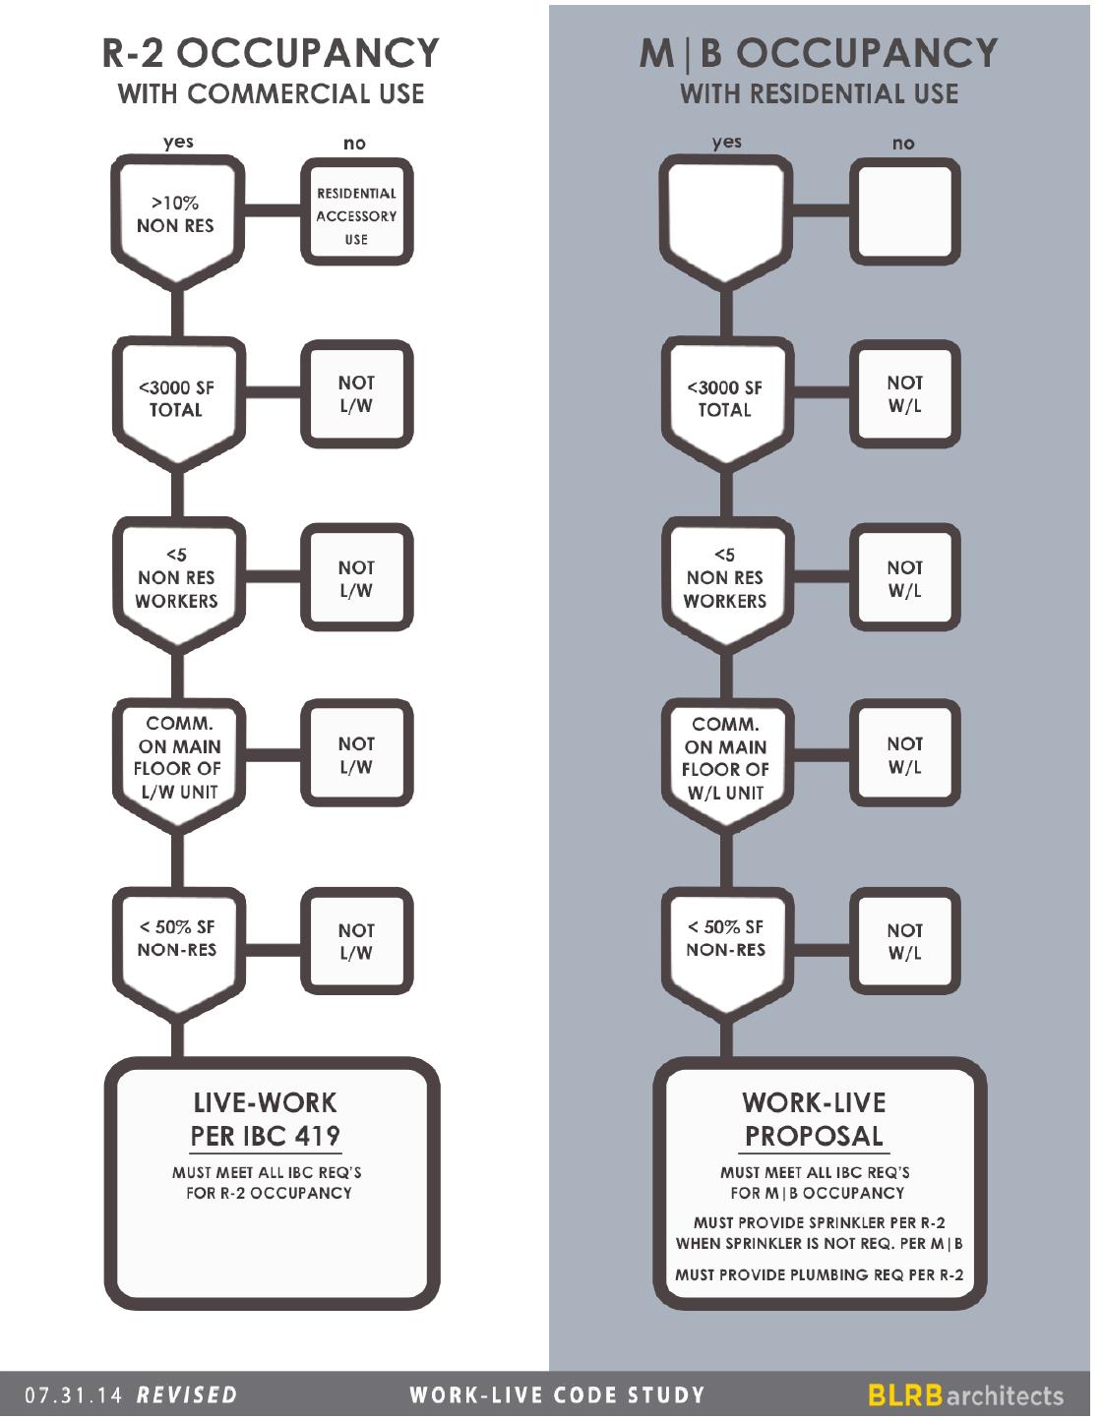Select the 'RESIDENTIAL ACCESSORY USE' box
(356, 215)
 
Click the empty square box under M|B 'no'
(904, 214)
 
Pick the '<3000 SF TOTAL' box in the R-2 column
(176, 398)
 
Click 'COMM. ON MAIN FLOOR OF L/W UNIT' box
(177, 757)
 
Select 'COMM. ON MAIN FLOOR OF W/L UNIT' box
(725, 758)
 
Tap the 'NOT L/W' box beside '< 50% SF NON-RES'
(356, 941)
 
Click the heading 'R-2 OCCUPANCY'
(271, 53)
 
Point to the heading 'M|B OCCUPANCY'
(819, 53)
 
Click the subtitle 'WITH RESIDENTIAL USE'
(819, 94)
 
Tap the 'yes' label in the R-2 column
(178, 142)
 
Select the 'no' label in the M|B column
(903, 144)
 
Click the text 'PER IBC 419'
(265, 1137)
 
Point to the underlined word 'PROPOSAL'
(814, 1137)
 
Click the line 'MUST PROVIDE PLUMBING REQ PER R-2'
(819, 1275)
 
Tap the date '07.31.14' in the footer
(75, 1395)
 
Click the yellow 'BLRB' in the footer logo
(905, 1395)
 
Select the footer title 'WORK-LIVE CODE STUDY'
(558, 1395)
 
